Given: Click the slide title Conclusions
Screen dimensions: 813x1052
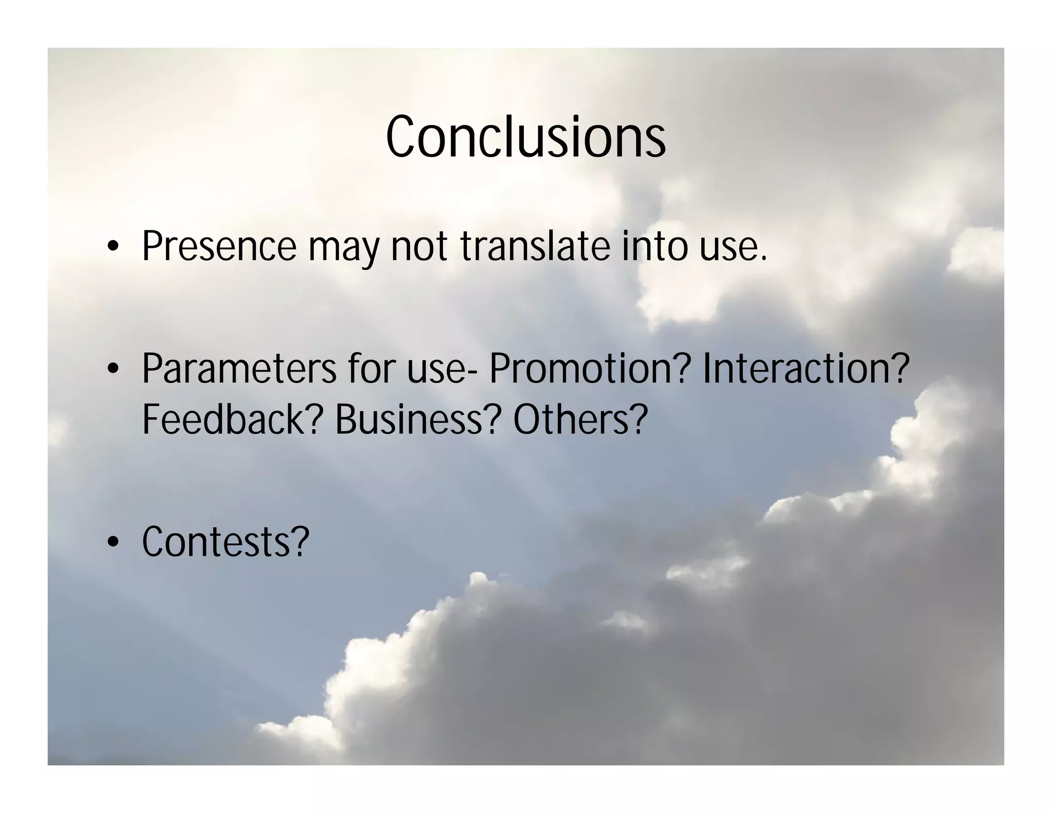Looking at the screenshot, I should tap(525, 137).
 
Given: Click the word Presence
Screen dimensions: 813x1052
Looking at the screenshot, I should tap(219, 247).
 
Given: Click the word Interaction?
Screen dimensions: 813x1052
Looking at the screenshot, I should tap(805, 368).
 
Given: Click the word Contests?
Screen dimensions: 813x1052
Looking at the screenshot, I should tap(226, 541).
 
